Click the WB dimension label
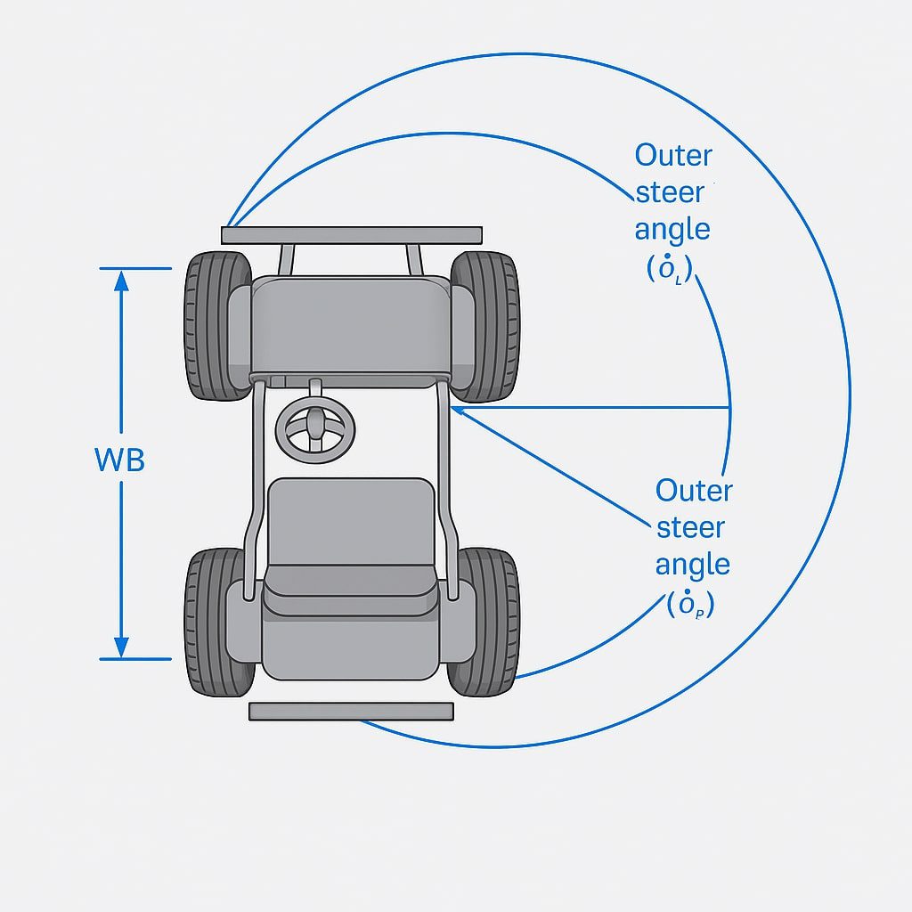pos(119,460)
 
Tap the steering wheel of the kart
pos(314,428)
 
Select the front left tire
pos(217,325)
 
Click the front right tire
pos(484,325)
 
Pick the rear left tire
pos(217,622)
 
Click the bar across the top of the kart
pos(352,235)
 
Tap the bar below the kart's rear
pos(351,711)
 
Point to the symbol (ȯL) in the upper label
pos(669,268)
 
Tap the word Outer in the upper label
pos(673,155)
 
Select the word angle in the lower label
pos(692,565)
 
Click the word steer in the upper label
pos(670,192)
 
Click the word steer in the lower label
pos(691,527)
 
